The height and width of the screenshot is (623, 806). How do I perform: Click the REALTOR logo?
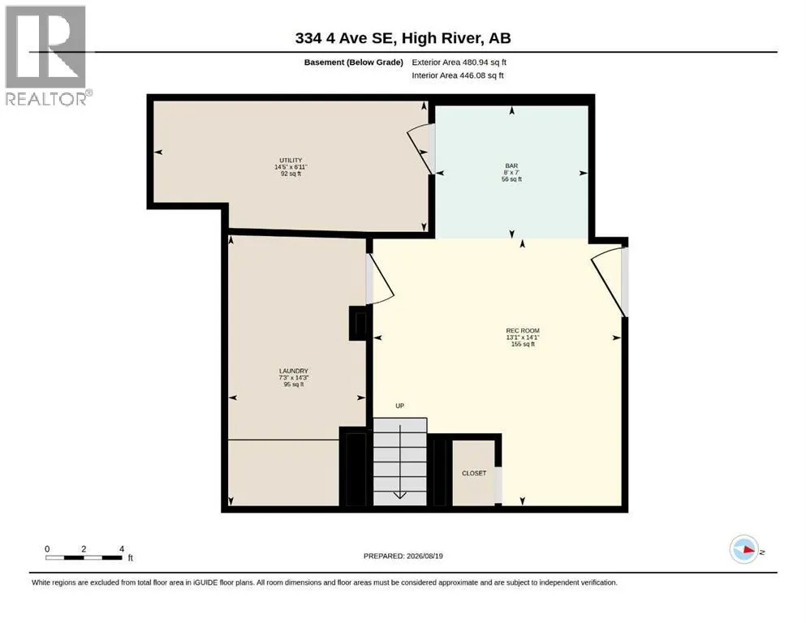[46, 55]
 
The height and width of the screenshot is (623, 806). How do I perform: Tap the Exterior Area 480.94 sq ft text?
[459, 62]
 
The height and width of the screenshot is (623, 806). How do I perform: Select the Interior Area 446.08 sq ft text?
[458, 75]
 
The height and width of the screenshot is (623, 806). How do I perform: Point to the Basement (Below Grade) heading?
[354, 62]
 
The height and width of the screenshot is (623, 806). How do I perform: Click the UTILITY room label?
[291, 161]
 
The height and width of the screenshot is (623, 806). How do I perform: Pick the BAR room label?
[511, 166]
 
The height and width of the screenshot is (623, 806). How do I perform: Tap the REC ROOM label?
[523, 331]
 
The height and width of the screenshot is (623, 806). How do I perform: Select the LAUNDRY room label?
[294, 371]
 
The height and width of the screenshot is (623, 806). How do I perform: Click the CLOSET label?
[474, 473]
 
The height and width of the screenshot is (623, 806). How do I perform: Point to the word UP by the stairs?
[400, 406]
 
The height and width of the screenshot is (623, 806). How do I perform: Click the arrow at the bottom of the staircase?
[400, 496]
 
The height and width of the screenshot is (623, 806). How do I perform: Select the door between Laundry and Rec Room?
[381, 278]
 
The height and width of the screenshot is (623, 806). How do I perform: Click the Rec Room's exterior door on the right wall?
[609, 281]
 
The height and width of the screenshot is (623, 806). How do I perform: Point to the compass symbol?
[744, 549]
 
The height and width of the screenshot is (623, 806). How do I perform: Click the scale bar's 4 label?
[122, 549]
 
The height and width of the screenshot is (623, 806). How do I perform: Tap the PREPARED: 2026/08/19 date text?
[403, 556]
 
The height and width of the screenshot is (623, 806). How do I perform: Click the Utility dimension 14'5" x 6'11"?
[291, 167]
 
